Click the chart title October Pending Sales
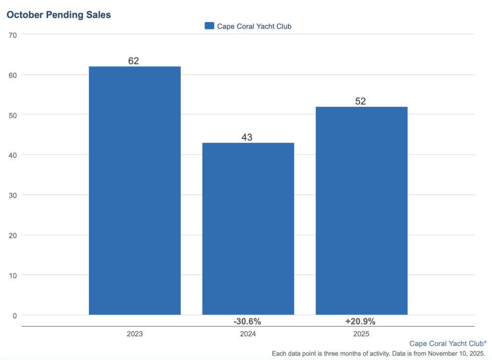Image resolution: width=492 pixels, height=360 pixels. [x=58, y=15]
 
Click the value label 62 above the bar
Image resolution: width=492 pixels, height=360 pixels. [x=134, y=61]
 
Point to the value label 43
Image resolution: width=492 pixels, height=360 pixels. [x=247, y=137]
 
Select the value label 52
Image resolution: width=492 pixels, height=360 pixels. [x=360, y=101]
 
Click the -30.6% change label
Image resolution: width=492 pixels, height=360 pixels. [x=247, y=321]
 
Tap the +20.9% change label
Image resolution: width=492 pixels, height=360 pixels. [x=360, y=321]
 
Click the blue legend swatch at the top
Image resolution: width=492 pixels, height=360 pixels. [x=209, y=26]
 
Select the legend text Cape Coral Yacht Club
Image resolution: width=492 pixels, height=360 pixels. [x=254, y=26]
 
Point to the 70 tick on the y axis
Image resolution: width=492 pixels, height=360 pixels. [x=12, y=35]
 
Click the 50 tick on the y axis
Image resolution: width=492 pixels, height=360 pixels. [x=12, y=115]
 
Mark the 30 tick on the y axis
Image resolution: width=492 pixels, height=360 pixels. [x=12, y=195]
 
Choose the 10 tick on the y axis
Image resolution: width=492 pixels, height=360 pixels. [x=12, y=275]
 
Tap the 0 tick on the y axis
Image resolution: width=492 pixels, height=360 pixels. [x=14, y=315]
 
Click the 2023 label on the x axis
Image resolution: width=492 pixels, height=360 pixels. [x=135, y=334]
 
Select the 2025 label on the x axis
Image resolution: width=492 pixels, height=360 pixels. [x=361, y=334]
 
